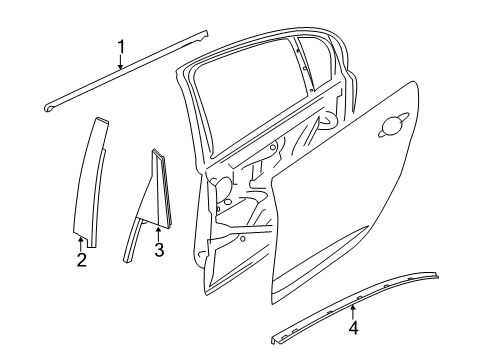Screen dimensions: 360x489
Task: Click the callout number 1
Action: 122,45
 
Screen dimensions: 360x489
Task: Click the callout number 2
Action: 82,261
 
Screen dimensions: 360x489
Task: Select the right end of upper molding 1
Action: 205,35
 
